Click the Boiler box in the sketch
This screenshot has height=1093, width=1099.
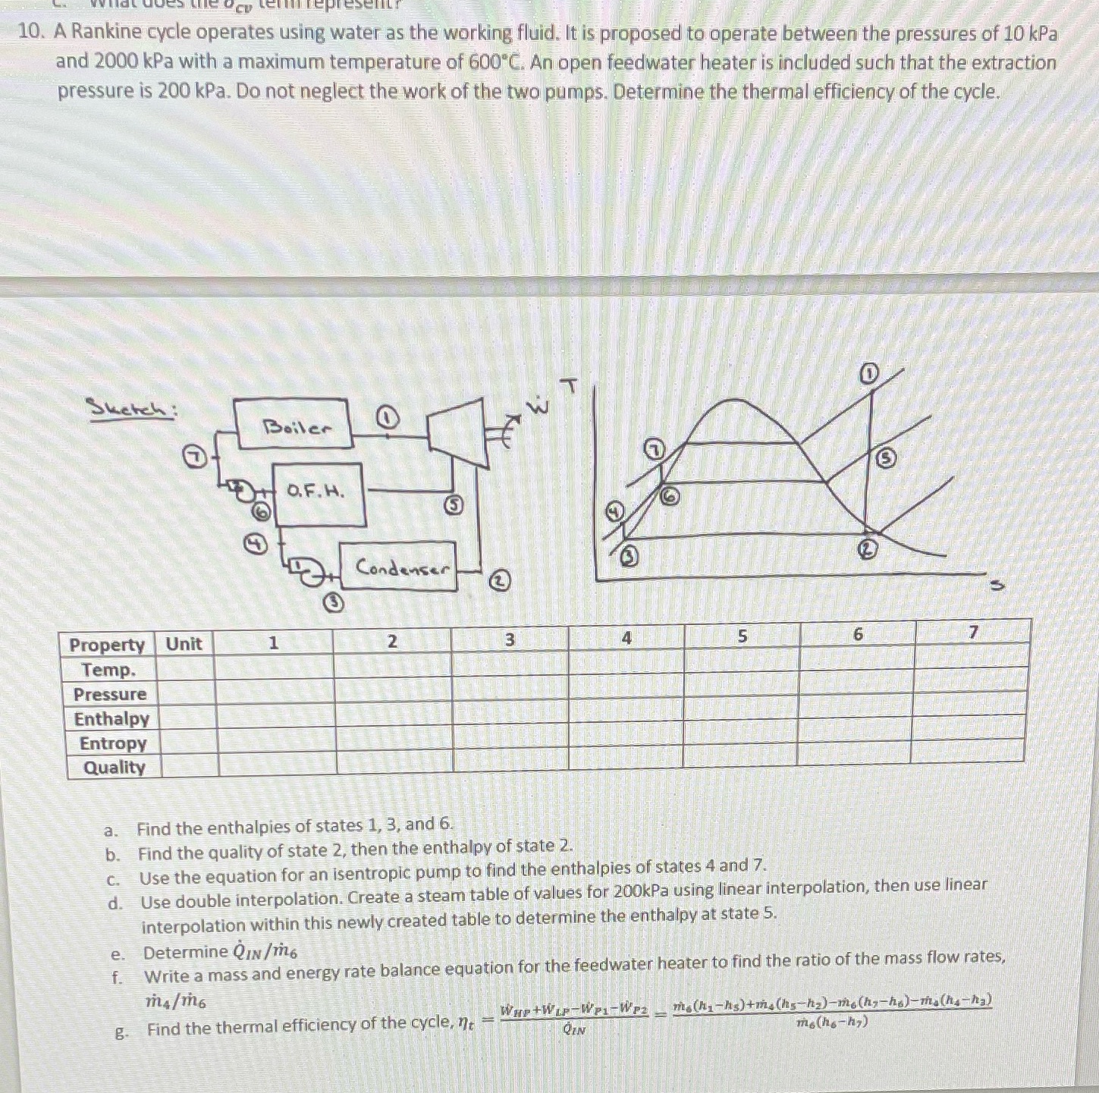click(293, 425)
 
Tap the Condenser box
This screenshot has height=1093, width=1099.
click(397, 567)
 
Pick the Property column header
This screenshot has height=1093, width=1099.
click(107, 645)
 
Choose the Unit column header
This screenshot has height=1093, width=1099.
click(184, 644)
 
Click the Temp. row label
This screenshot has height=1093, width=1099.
click(109, 670)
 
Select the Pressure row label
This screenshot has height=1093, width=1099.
click(110, 694)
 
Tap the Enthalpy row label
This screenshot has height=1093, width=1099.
click(111, 718)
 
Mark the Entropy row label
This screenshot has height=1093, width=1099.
click(113, 743)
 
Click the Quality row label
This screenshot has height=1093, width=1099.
click(114, 767)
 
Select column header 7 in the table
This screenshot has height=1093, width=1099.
click(973, 632)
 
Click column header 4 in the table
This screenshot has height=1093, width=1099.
click(626, 639)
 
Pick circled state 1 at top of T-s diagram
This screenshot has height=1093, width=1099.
click(869, 373)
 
